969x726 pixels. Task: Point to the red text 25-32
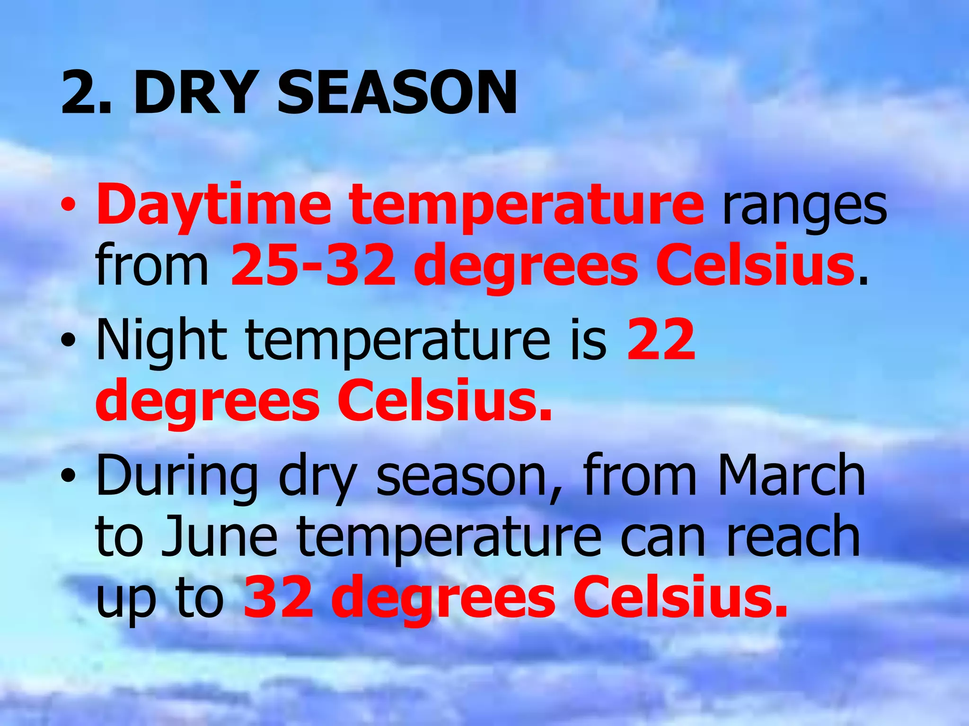[x=312, y=265]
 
